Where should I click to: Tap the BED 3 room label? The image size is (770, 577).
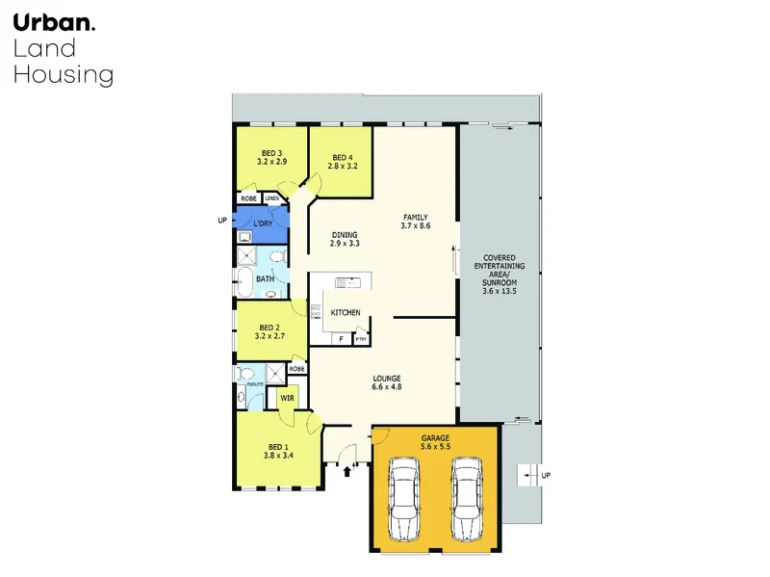tap(271, 152)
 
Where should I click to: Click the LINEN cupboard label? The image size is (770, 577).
tap(273, 199)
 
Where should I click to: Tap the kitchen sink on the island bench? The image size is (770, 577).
tap(348, 282)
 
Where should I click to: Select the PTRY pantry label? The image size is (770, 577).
tap(361, 339)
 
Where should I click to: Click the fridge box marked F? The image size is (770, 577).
tap(340, 339)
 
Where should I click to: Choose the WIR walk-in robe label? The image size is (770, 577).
tap(287, 396)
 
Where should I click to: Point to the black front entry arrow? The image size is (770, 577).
tap(347, 471)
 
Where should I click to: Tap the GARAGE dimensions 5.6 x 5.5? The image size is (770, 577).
tap(435, 446)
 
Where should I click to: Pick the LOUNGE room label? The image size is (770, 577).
tap(387, 377)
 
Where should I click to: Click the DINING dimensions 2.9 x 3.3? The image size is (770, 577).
tap(345, 244)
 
